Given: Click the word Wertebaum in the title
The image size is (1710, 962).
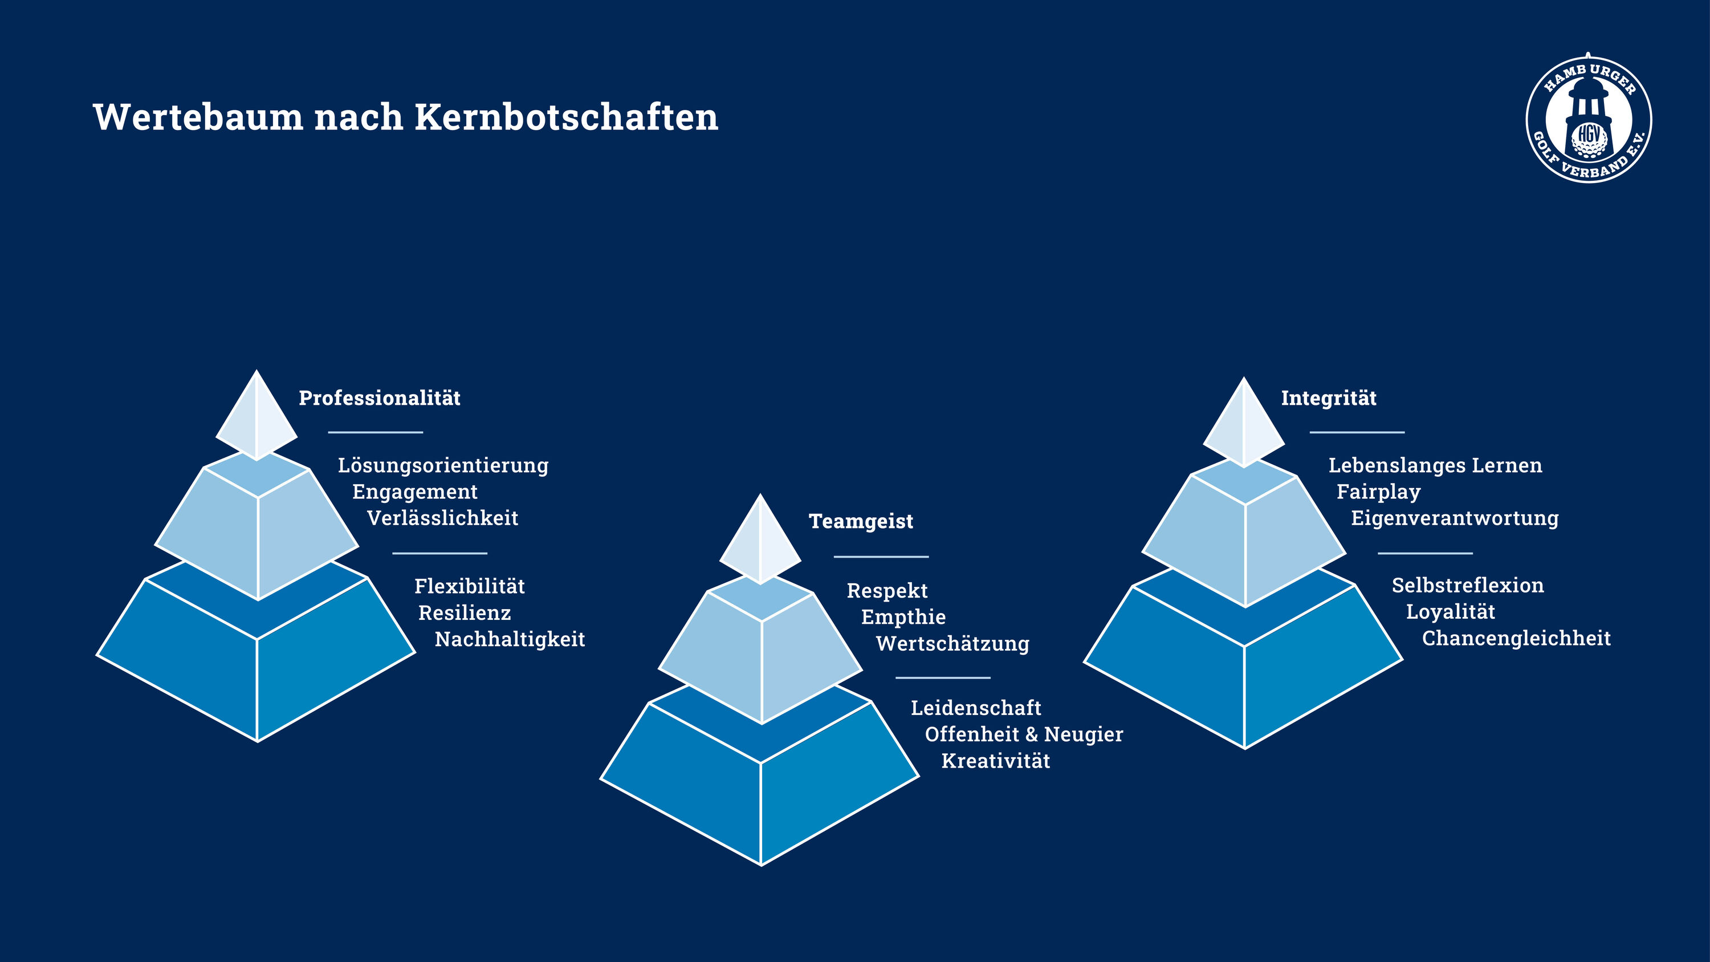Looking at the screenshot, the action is (198, 117).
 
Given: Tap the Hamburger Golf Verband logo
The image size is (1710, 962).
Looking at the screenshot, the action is (1589, 118).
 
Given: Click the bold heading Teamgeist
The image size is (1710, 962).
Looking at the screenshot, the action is (861, 522).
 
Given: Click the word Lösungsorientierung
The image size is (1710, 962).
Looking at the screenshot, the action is (443, 466).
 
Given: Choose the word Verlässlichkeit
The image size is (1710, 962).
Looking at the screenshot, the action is (443, 518).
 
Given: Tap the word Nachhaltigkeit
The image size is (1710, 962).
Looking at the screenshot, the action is (510, 640).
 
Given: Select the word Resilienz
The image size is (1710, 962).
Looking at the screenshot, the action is (465, 613).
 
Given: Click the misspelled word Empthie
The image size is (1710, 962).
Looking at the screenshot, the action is (903, 618).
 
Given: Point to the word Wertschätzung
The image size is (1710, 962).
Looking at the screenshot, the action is (952, 644).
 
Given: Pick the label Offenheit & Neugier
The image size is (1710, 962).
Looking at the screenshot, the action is (1024, 734).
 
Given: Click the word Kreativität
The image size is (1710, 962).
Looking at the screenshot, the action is (996, 761).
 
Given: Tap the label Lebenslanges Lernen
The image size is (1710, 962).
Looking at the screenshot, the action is (1435, 466).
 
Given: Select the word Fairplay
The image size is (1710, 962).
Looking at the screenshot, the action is (1379, 492).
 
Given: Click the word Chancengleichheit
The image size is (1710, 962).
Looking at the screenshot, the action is (1516, 639).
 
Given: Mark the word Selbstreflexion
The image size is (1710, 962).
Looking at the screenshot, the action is (1468, 586).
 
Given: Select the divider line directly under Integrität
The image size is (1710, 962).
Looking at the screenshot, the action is (1357, 432).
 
